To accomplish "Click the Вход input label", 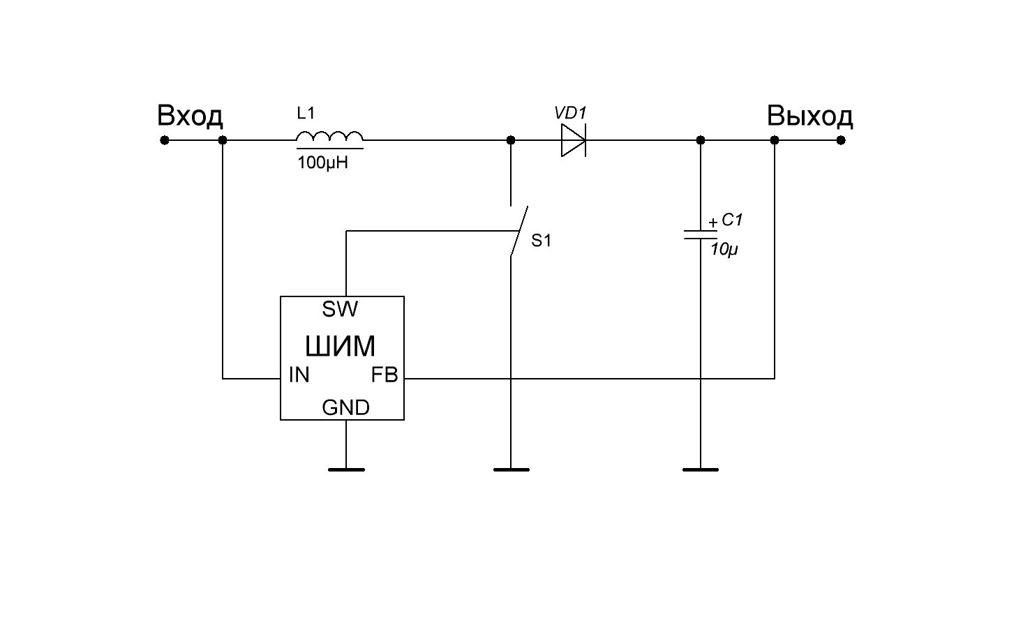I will tap(190, 116).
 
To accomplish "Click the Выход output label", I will tap(809, 116).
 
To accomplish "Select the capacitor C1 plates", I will tap(701, 234).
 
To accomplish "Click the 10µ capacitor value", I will tap(724, 249).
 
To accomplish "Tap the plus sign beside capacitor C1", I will tap(712, 223).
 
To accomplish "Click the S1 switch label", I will tap(542, 241).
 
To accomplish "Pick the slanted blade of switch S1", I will tap(518, 231).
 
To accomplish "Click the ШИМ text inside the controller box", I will tap(341, 346).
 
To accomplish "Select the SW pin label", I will tap(341, 308).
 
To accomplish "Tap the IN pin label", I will tap(299, 375).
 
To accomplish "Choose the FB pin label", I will tap(384, 375).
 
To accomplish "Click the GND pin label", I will tap(345, 407).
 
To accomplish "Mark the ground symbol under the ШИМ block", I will tap(346, 469).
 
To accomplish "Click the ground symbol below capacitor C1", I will tap(701, 469).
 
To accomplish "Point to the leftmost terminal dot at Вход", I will tap(165, 140).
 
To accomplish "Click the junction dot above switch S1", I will tap(511, 140).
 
